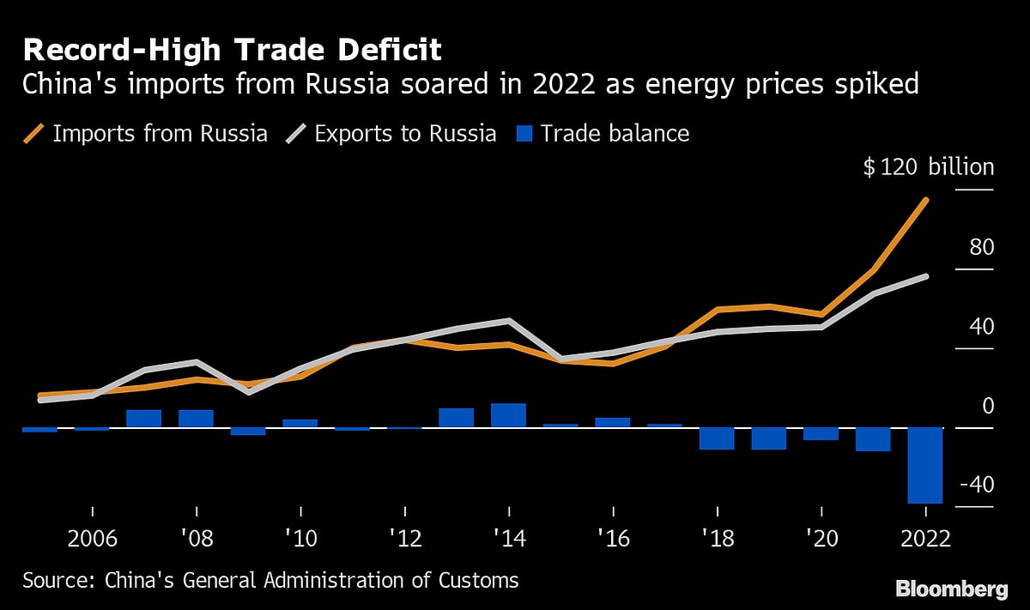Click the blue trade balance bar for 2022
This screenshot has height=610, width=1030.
(x=925, y=465)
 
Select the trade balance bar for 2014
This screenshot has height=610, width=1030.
(x=508, y=415)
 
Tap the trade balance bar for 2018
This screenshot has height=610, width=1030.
(x=717, y=438)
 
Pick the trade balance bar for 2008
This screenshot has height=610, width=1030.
(x=196, y=419)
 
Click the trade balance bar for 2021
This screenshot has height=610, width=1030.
(x=873, y=439)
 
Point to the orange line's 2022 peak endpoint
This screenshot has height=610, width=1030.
(x=925, y=200)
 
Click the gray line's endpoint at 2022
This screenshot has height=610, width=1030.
(x=925, y=276)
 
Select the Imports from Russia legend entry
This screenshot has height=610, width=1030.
(x=146, y=134)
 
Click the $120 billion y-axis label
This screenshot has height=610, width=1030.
(x=929, y=167)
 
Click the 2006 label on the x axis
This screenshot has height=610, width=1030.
(x=92, y=539)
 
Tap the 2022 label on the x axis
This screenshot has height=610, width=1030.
(x=924, y=539)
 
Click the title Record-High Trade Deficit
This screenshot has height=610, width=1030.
(x=232, y=51)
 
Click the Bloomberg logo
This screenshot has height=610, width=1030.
(x=951, y=589)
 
